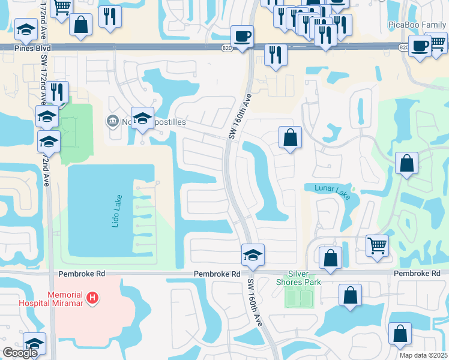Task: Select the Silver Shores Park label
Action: click(x=299, y=278)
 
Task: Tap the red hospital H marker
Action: click(x=92, y=297)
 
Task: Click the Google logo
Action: click(x=19, y=353)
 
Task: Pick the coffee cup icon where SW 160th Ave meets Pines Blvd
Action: click(x=242, y=36)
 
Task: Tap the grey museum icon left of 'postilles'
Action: click(x=112, y=122)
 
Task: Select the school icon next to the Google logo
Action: click(x=35, y=343)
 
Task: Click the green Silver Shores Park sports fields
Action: click(x=299, y=297)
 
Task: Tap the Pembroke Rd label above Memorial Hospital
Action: click(x=82, y=274)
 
